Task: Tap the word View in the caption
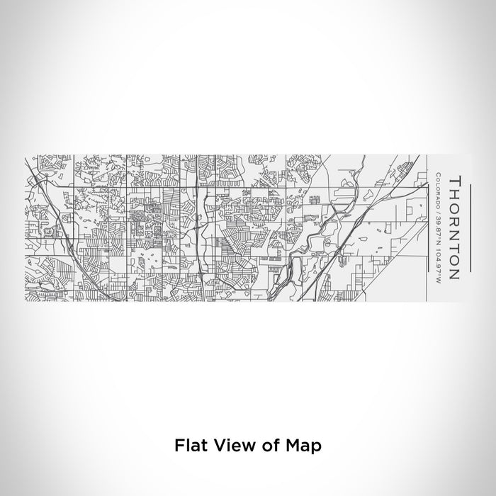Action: point(230,446)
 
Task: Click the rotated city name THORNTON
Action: point(455,227)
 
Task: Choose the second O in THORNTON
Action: point(455,260)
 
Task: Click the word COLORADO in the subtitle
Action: point(439,190)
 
